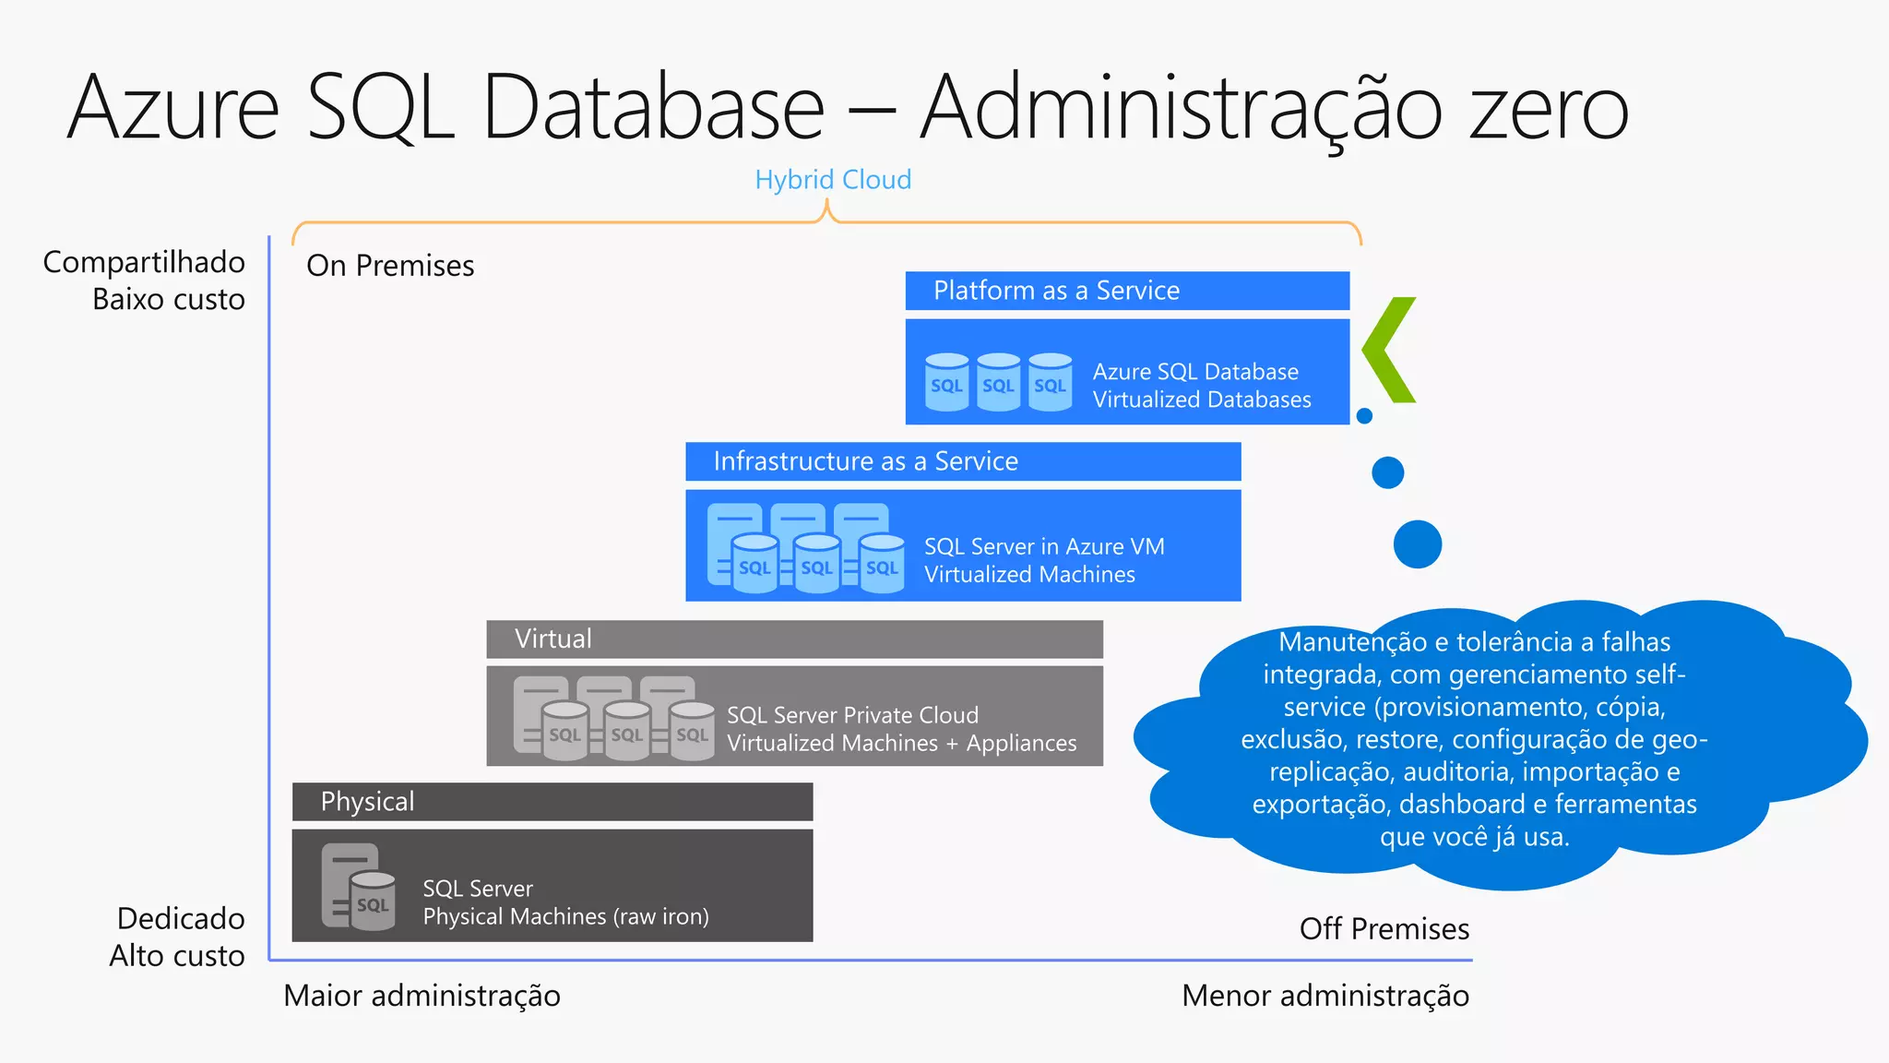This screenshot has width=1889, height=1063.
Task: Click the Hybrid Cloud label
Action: pos(832,179)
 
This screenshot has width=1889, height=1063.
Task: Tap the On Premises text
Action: pos(390,266)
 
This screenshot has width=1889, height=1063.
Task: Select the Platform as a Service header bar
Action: pos(1126,291)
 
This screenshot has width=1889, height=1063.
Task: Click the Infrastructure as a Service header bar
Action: pos(962,461)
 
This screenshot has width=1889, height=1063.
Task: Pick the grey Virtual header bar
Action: pos(793,639)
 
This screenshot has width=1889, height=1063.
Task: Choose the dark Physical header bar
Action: pos(552,802)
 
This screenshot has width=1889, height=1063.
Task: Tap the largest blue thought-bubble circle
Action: pos(1417,543)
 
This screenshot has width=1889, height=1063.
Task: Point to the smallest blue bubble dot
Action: pos(1365,416)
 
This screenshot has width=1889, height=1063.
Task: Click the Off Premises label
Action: pos(1384,928)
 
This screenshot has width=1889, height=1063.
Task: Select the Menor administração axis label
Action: pos(1325,996)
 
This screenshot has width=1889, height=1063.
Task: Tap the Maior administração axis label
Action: pos(422,996)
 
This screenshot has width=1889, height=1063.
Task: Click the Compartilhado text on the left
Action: pos(144,262)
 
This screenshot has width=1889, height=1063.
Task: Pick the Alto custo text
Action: pos(177,956)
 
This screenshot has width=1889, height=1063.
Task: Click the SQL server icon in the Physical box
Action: pos(359,887)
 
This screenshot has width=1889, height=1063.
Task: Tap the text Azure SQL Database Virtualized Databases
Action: pos(1201,386)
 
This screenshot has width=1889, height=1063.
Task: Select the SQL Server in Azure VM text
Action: pos(1043,547)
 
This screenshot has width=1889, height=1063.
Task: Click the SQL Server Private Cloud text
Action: pos(852,715)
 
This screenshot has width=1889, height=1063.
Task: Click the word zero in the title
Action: pos(1549,109)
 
